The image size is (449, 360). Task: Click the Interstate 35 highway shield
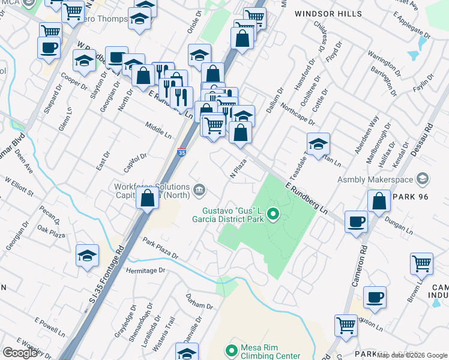pos(182,153)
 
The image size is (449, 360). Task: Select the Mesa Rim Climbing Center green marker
pos(231,350)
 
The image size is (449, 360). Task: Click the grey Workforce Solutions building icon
pos(199,191)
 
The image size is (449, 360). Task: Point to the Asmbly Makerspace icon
pos(424,178)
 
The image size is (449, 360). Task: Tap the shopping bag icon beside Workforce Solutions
pos(148,198)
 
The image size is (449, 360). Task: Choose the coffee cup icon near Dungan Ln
pos(356,221)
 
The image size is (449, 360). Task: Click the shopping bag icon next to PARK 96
pos(379,201)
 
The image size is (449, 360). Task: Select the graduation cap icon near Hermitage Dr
pos(88,256)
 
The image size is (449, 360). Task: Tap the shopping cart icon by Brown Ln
pos(422,263)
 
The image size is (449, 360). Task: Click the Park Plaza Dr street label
pos(160,248)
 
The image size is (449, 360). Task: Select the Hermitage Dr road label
pos(145,271)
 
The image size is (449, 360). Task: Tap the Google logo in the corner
pos(20,353)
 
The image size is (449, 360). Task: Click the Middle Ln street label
pos(158,129)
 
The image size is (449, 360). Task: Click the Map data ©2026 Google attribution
pos(412,355)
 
